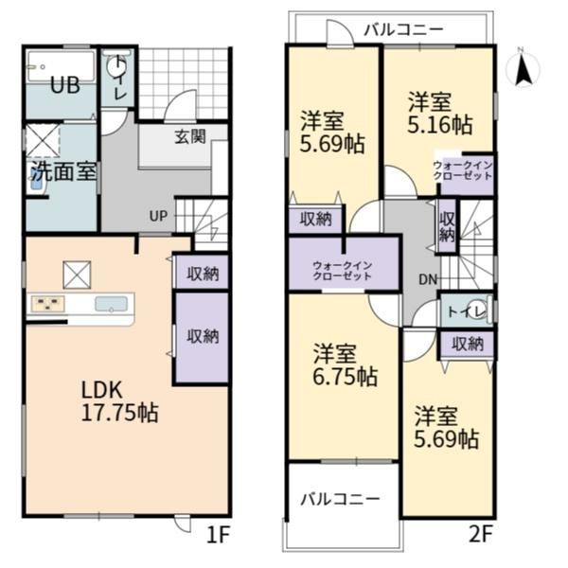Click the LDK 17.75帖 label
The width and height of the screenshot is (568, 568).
pyautogui.click(x=119, y=401)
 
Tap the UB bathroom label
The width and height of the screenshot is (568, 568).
pyautogui.click(x=64, y=86)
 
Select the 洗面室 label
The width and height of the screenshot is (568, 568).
pyautogui.click(x=63, y=171)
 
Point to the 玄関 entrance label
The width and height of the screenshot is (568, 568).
pyautogui.click(x=190, y=136)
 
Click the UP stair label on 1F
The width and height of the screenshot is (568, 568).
pyautogui.click(x=159, y=216)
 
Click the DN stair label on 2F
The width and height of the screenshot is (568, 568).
pyautogui.click(x=428, y=279)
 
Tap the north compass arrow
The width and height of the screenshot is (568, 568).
pyautogui.click(x=523, y=69)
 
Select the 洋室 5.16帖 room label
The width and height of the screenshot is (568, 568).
pyautogui.click(x=440, y=114)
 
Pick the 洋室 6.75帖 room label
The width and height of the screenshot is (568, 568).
pyautogui.click(x=345, y=365)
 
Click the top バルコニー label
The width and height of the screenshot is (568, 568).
pyautogui.click(x=403, y=29)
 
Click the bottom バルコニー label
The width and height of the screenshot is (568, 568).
pyautogui.click(x=341, y=500)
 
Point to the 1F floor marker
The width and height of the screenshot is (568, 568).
pyautogui.click(x=219, y=535)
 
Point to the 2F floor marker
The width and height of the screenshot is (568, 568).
pyautogui.click(x=481, y=535)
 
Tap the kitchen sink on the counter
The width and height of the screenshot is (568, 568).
pyautogui.click(x=111, y=304)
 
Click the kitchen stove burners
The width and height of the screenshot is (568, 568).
pyautogui.click(x=48, y=304)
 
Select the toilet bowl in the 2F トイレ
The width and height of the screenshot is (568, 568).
pyautogui.click(x=478, y=310)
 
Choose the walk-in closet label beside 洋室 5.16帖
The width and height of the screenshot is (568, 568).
pyautogui.click(x=463, y=171)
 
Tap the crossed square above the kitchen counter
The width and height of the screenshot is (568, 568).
pyautogui.click(x=77, y=275)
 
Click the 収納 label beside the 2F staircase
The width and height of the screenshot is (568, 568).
pyautogui.click(x=447, y=227)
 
